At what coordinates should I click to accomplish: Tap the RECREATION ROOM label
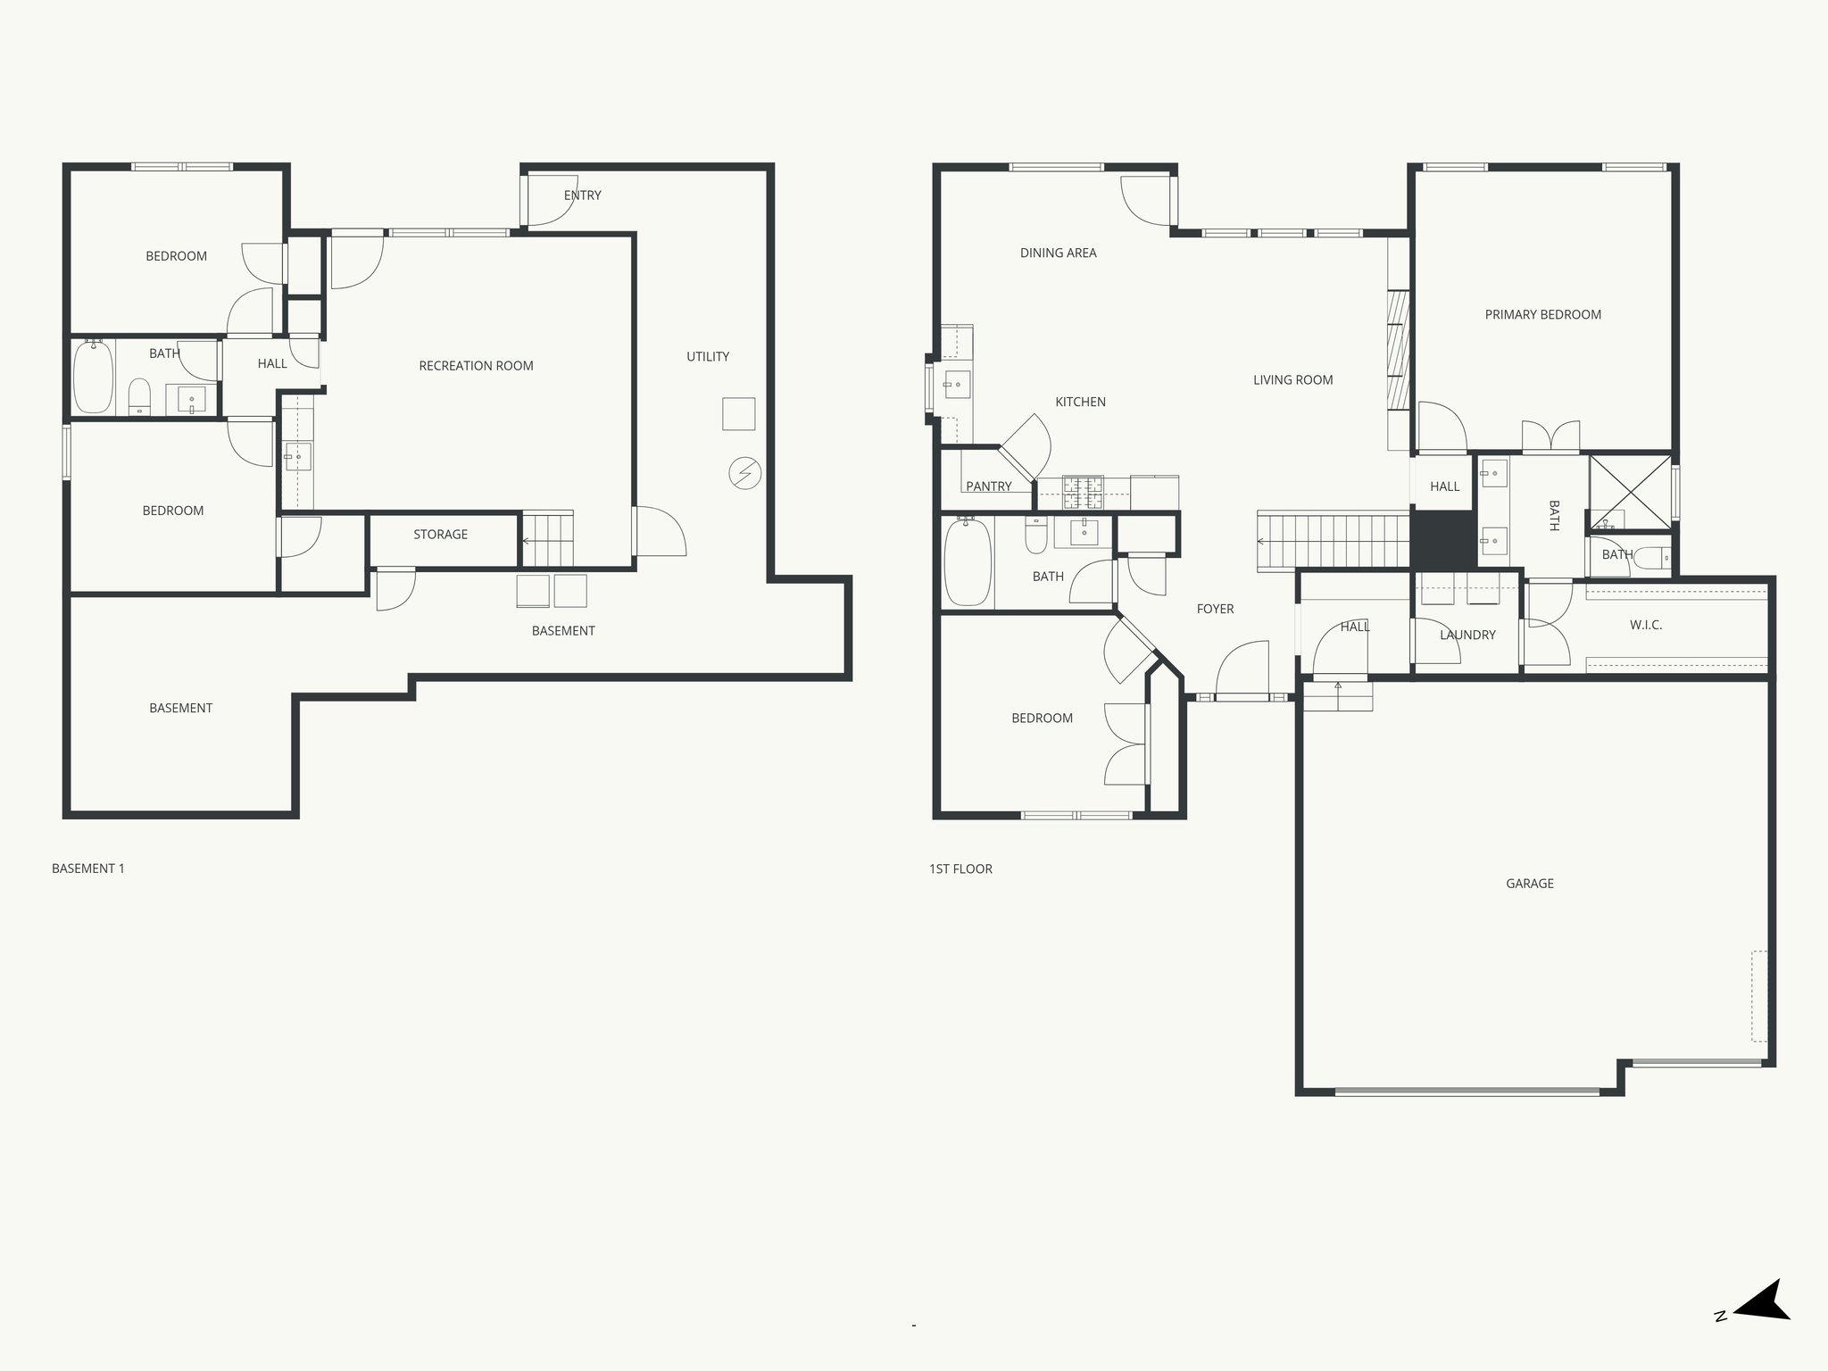click(476, 366)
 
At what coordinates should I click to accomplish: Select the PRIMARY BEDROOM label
click(1542, 315)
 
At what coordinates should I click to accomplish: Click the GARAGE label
click(1529, 884)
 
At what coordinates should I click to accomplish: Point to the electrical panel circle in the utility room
click(744, 474)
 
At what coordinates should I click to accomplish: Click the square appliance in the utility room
click(738, 414)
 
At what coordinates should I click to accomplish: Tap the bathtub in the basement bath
click(93, 377)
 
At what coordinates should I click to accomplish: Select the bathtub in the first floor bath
click(968, 561)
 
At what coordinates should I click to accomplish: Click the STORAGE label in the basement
click(440, 535)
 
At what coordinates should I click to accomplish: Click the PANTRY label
click(988, 486)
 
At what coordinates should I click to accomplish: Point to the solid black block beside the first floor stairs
click(1442, 538)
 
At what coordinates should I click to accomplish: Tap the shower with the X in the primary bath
click(1629, 492)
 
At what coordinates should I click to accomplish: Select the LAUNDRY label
click(1467, 636)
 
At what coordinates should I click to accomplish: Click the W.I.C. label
click(1645, 625)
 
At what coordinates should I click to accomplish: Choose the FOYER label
click(1215, 609)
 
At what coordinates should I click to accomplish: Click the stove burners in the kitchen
click(1082, 492)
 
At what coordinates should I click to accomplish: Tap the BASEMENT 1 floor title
click(88, 868)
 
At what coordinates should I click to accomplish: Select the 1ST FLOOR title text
click(960, 868)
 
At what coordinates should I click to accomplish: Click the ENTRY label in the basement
click(582, 195)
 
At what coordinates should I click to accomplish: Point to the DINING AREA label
click(1058, 253)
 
